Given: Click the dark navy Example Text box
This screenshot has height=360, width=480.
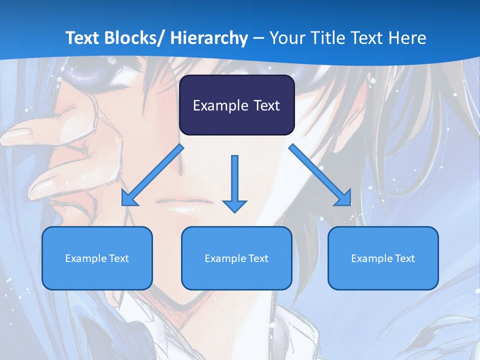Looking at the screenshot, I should [236, 105].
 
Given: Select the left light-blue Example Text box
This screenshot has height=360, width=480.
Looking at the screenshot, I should [97, 258].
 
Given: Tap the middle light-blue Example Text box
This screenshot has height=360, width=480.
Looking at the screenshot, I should [236, 258].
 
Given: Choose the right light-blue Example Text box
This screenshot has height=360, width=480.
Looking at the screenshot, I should [383, 258].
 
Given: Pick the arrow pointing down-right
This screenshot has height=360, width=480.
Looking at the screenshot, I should [320, 175].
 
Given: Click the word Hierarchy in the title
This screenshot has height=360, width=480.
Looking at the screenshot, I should [209, 38].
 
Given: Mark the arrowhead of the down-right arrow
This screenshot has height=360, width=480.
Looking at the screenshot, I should [343, 197].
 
